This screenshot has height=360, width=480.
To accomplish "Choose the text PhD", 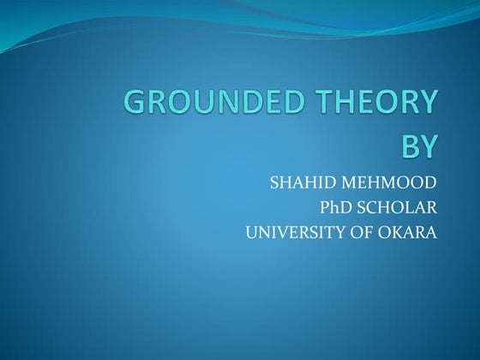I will click(x=334, y=207).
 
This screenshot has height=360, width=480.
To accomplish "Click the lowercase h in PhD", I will click(x=333, y=207).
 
